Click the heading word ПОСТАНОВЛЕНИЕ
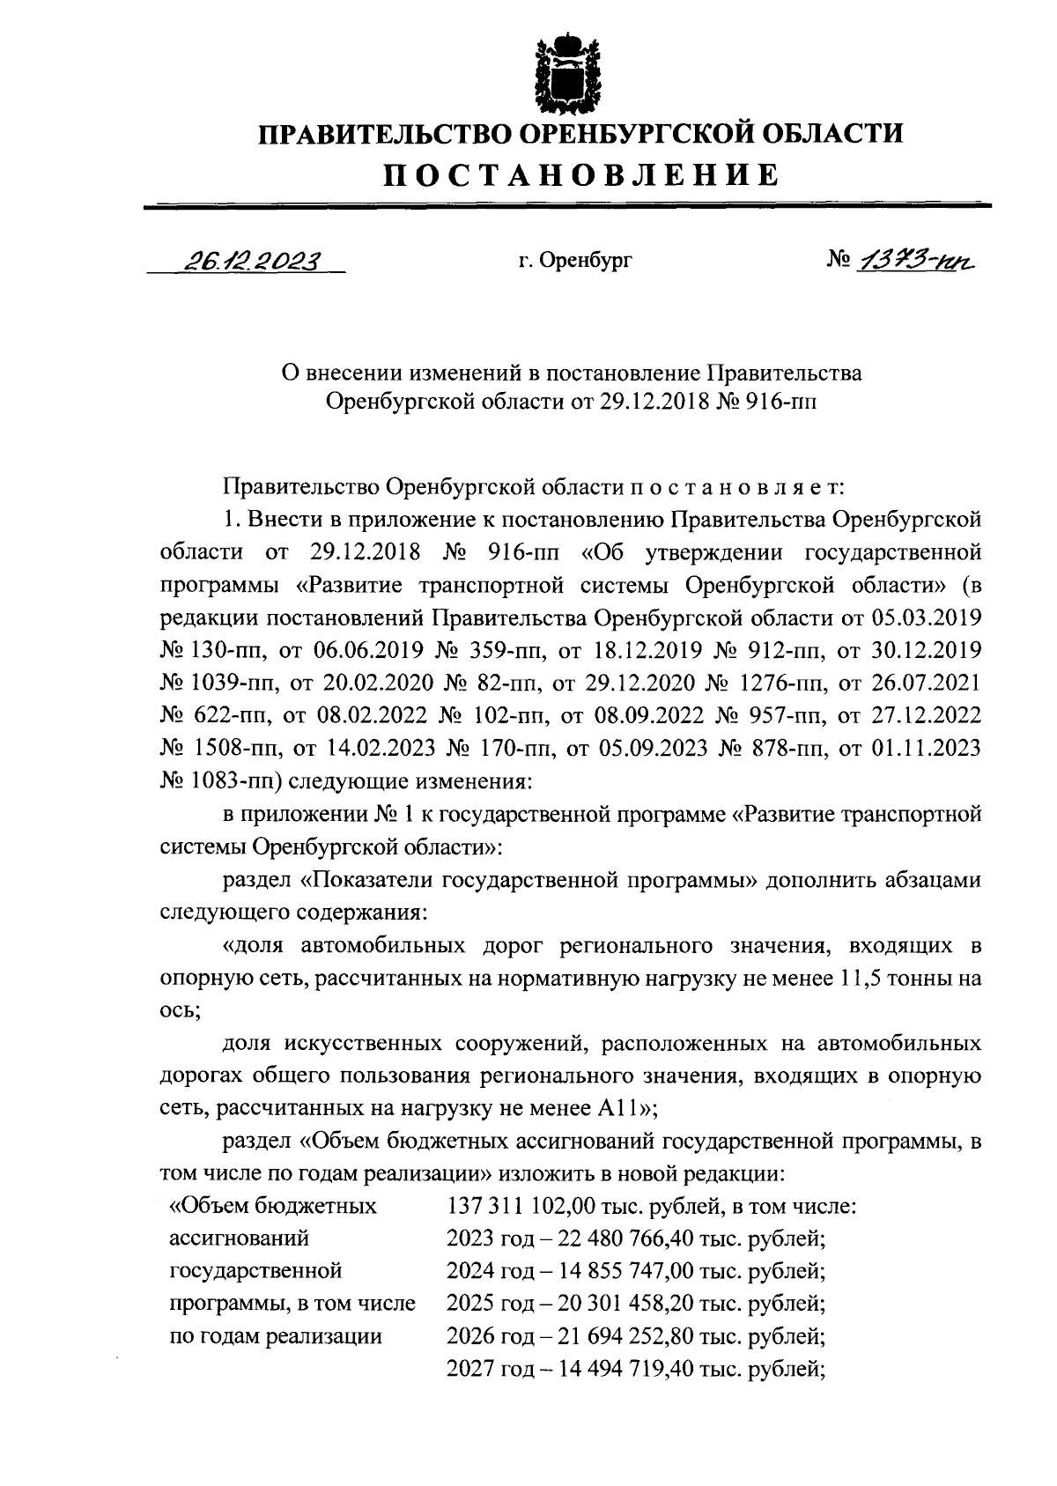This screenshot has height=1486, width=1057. click(x=580, y=174)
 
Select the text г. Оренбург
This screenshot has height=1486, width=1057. click(x=575, y=261)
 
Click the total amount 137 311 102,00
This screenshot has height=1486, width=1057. click(x=523, y=1206)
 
